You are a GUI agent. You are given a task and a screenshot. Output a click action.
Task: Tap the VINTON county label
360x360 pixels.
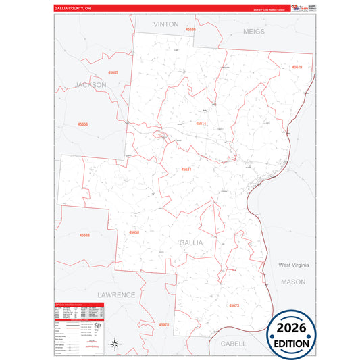click(165, 24)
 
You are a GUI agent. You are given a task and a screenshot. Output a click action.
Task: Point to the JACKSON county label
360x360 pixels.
click(91, 85)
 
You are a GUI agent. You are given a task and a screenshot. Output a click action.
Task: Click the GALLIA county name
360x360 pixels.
click(191, 242)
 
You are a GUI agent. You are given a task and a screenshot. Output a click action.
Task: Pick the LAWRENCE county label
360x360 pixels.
click(116, 295)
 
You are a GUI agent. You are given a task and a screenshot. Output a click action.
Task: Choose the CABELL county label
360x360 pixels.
click(233, 342)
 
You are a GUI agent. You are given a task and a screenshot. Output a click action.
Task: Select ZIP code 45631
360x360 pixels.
click(186, 169)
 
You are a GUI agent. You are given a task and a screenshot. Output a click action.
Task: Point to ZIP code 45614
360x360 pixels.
click(201, 124)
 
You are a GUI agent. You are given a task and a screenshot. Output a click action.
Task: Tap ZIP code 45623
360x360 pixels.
click(233, 305)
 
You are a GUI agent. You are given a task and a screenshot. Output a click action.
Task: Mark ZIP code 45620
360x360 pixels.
click(297, 67)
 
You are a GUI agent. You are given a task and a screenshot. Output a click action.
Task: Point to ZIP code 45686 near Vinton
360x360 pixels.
click(191, 30)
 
